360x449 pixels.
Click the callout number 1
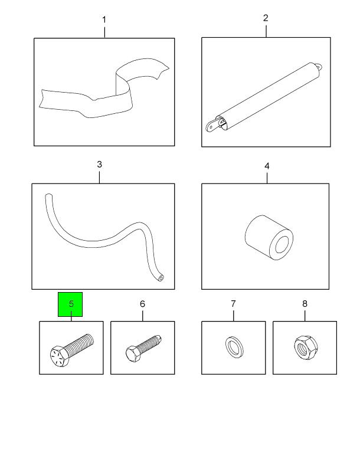[104, 19]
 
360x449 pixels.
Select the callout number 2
[266, 18]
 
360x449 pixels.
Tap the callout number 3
[99, 165]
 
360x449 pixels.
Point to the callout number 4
[267, 166]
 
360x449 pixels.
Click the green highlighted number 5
[71, 303]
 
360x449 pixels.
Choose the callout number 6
[142, 304]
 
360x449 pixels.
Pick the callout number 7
[234, 303]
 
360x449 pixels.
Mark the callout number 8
[305, 304]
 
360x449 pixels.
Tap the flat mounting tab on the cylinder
[212, 126]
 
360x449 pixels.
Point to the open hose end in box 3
[161, 278]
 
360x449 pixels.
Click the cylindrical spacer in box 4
[269, 237]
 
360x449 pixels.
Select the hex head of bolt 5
[59, 355]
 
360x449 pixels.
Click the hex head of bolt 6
[133, 353]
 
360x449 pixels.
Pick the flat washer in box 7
[234, 348]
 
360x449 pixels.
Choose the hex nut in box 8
[306, 348]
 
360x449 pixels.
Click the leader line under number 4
[267, 178]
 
